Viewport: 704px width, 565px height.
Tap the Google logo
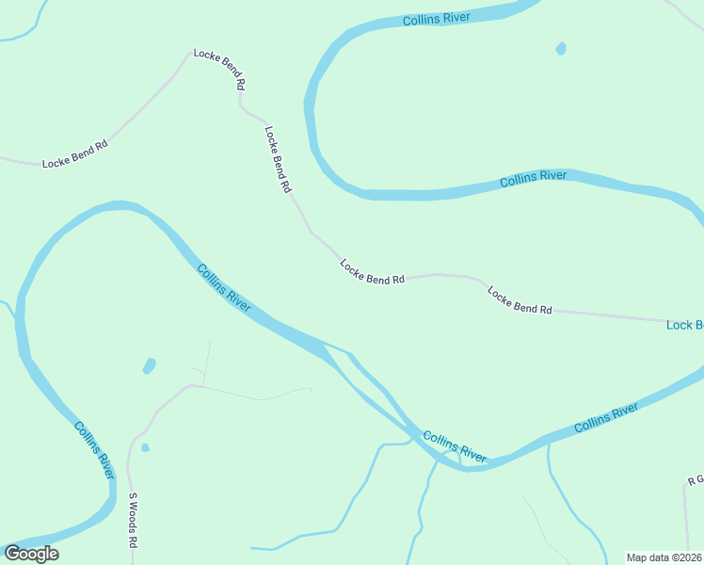coord(31,554)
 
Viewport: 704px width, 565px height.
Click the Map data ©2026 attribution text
coord(664,557)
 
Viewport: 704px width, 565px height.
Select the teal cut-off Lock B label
coord(684,325)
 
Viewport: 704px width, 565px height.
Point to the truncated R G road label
coord(696,480)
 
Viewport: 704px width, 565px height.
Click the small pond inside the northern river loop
coord(562,48)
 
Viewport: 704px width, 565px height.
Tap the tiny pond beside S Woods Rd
coord(145,447)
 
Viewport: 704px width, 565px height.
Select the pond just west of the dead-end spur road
coord(149,365)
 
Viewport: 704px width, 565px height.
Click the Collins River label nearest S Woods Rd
coord(94,450)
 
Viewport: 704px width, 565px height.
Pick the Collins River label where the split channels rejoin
coord(455,446)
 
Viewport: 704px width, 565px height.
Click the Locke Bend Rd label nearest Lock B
coord(520,300)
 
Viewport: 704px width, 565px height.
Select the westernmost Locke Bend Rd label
coord(75,154)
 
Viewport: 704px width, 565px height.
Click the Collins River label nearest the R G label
coord(606,417)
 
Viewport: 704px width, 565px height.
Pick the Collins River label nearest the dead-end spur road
coord(224,288)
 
